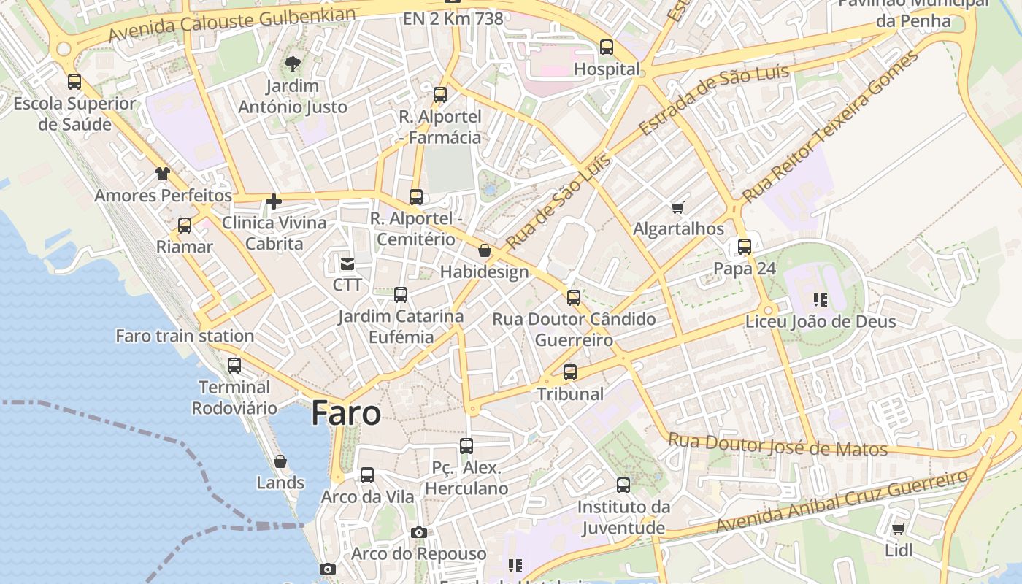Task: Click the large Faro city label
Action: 345,413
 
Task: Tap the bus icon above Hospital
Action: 606,47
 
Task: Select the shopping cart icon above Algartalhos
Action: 678,208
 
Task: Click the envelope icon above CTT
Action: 347,264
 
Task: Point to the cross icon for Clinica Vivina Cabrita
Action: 274,201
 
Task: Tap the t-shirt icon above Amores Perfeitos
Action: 162,174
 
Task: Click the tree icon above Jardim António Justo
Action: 292,64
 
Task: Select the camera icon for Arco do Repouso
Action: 418,532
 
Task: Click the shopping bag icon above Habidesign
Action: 484,251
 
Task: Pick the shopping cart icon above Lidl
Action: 898,529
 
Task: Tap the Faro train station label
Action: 185,336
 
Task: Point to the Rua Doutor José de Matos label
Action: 777,444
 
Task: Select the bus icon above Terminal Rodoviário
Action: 234,366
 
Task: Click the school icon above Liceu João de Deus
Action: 820,300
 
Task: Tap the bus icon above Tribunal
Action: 570,372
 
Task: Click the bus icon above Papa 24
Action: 744,247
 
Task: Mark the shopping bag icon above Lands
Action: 280,461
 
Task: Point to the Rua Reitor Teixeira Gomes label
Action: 830,127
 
